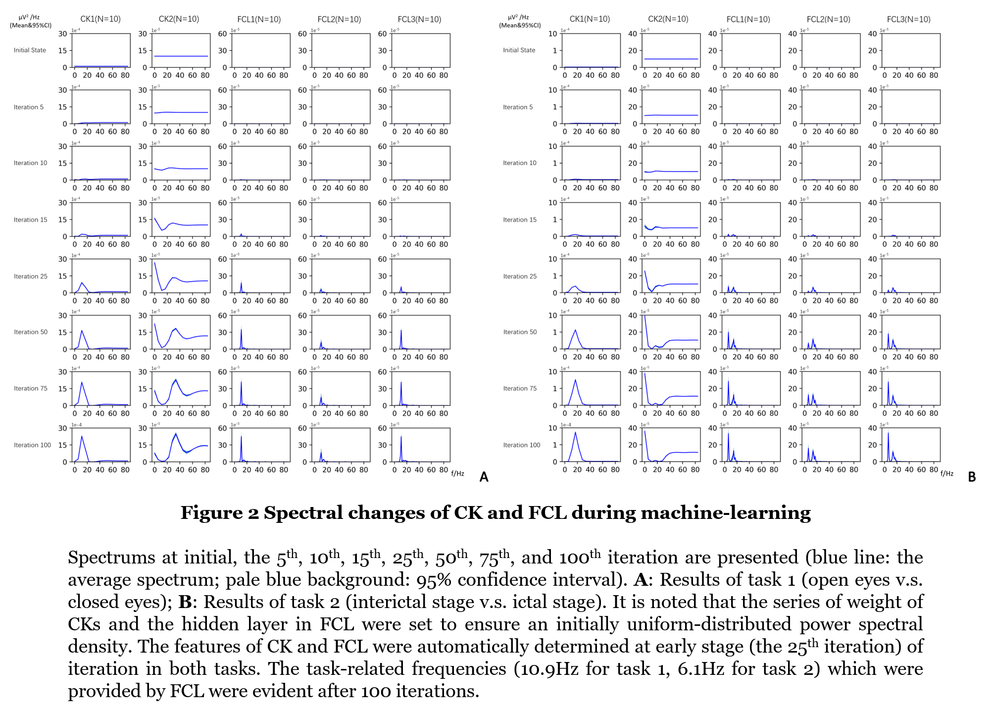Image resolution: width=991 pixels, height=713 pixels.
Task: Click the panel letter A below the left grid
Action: click(484, 477)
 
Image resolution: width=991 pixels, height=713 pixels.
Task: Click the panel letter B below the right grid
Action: click(972, 477)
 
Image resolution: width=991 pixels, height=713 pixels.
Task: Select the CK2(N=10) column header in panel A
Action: click(179, 19)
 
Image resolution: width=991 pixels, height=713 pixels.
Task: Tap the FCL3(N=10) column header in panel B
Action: click(908, 19)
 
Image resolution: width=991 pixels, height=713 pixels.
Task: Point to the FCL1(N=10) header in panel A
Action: click(259, 19)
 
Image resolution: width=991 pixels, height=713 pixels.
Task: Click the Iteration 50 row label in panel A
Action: click(31, 332)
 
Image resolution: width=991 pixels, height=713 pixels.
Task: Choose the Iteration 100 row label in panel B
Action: click(522, 445)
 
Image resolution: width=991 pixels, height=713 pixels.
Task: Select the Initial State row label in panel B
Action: click(519, 50)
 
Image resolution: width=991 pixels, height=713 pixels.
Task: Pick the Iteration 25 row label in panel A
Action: click(31, 276)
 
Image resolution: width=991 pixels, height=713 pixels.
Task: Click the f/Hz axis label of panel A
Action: click(457, 474)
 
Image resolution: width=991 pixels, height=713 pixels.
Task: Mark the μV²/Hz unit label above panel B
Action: click(518, 17)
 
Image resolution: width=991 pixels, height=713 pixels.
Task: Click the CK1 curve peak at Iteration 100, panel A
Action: click(82, 436)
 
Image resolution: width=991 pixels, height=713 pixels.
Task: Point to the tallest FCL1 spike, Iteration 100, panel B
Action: click(728, 434)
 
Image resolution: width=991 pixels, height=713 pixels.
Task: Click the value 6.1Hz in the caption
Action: click(701, 669)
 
